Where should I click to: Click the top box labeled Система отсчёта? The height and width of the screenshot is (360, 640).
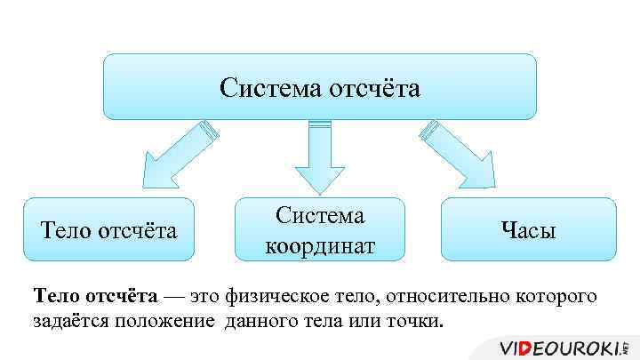tap(319, 87)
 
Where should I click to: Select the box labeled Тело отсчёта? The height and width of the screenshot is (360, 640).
tap(109, 229)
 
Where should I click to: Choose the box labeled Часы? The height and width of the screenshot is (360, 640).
tap(527, 229)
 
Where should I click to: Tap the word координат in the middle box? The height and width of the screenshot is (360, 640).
tap(320, 244)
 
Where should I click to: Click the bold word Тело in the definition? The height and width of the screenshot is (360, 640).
tap(58, 295)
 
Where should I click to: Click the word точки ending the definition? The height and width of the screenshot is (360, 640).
tap(412, 320)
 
